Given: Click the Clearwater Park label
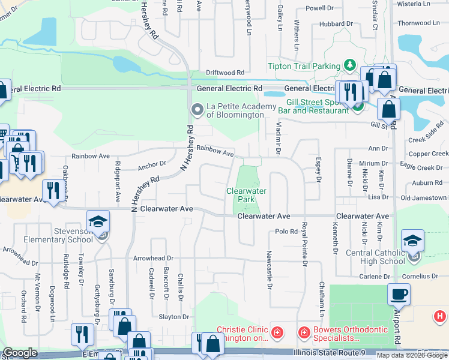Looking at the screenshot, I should point(246,194).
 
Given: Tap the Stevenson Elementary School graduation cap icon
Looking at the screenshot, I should point(98,221).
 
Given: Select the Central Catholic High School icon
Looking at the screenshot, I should point(412,241).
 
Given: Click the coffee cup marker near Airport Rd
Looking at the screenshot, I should point(398,294).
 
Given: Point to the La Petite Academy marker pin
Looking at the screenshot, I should point(197,109).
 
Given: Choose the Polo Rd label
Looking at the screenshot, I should point(286,232).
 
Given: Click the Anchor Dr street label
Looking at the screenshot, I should point(151,163).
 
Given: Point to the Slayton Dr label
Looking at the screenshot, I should point(174,317).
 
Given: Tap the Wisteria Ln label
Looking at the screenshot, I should point(414,4).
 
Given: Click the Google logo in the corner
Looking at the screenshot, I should point(20,353).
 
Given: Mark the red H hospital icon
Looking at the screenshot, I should point(440,316).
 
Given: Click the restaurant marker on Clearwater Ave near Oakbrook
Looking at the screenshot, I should point(52,190).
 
